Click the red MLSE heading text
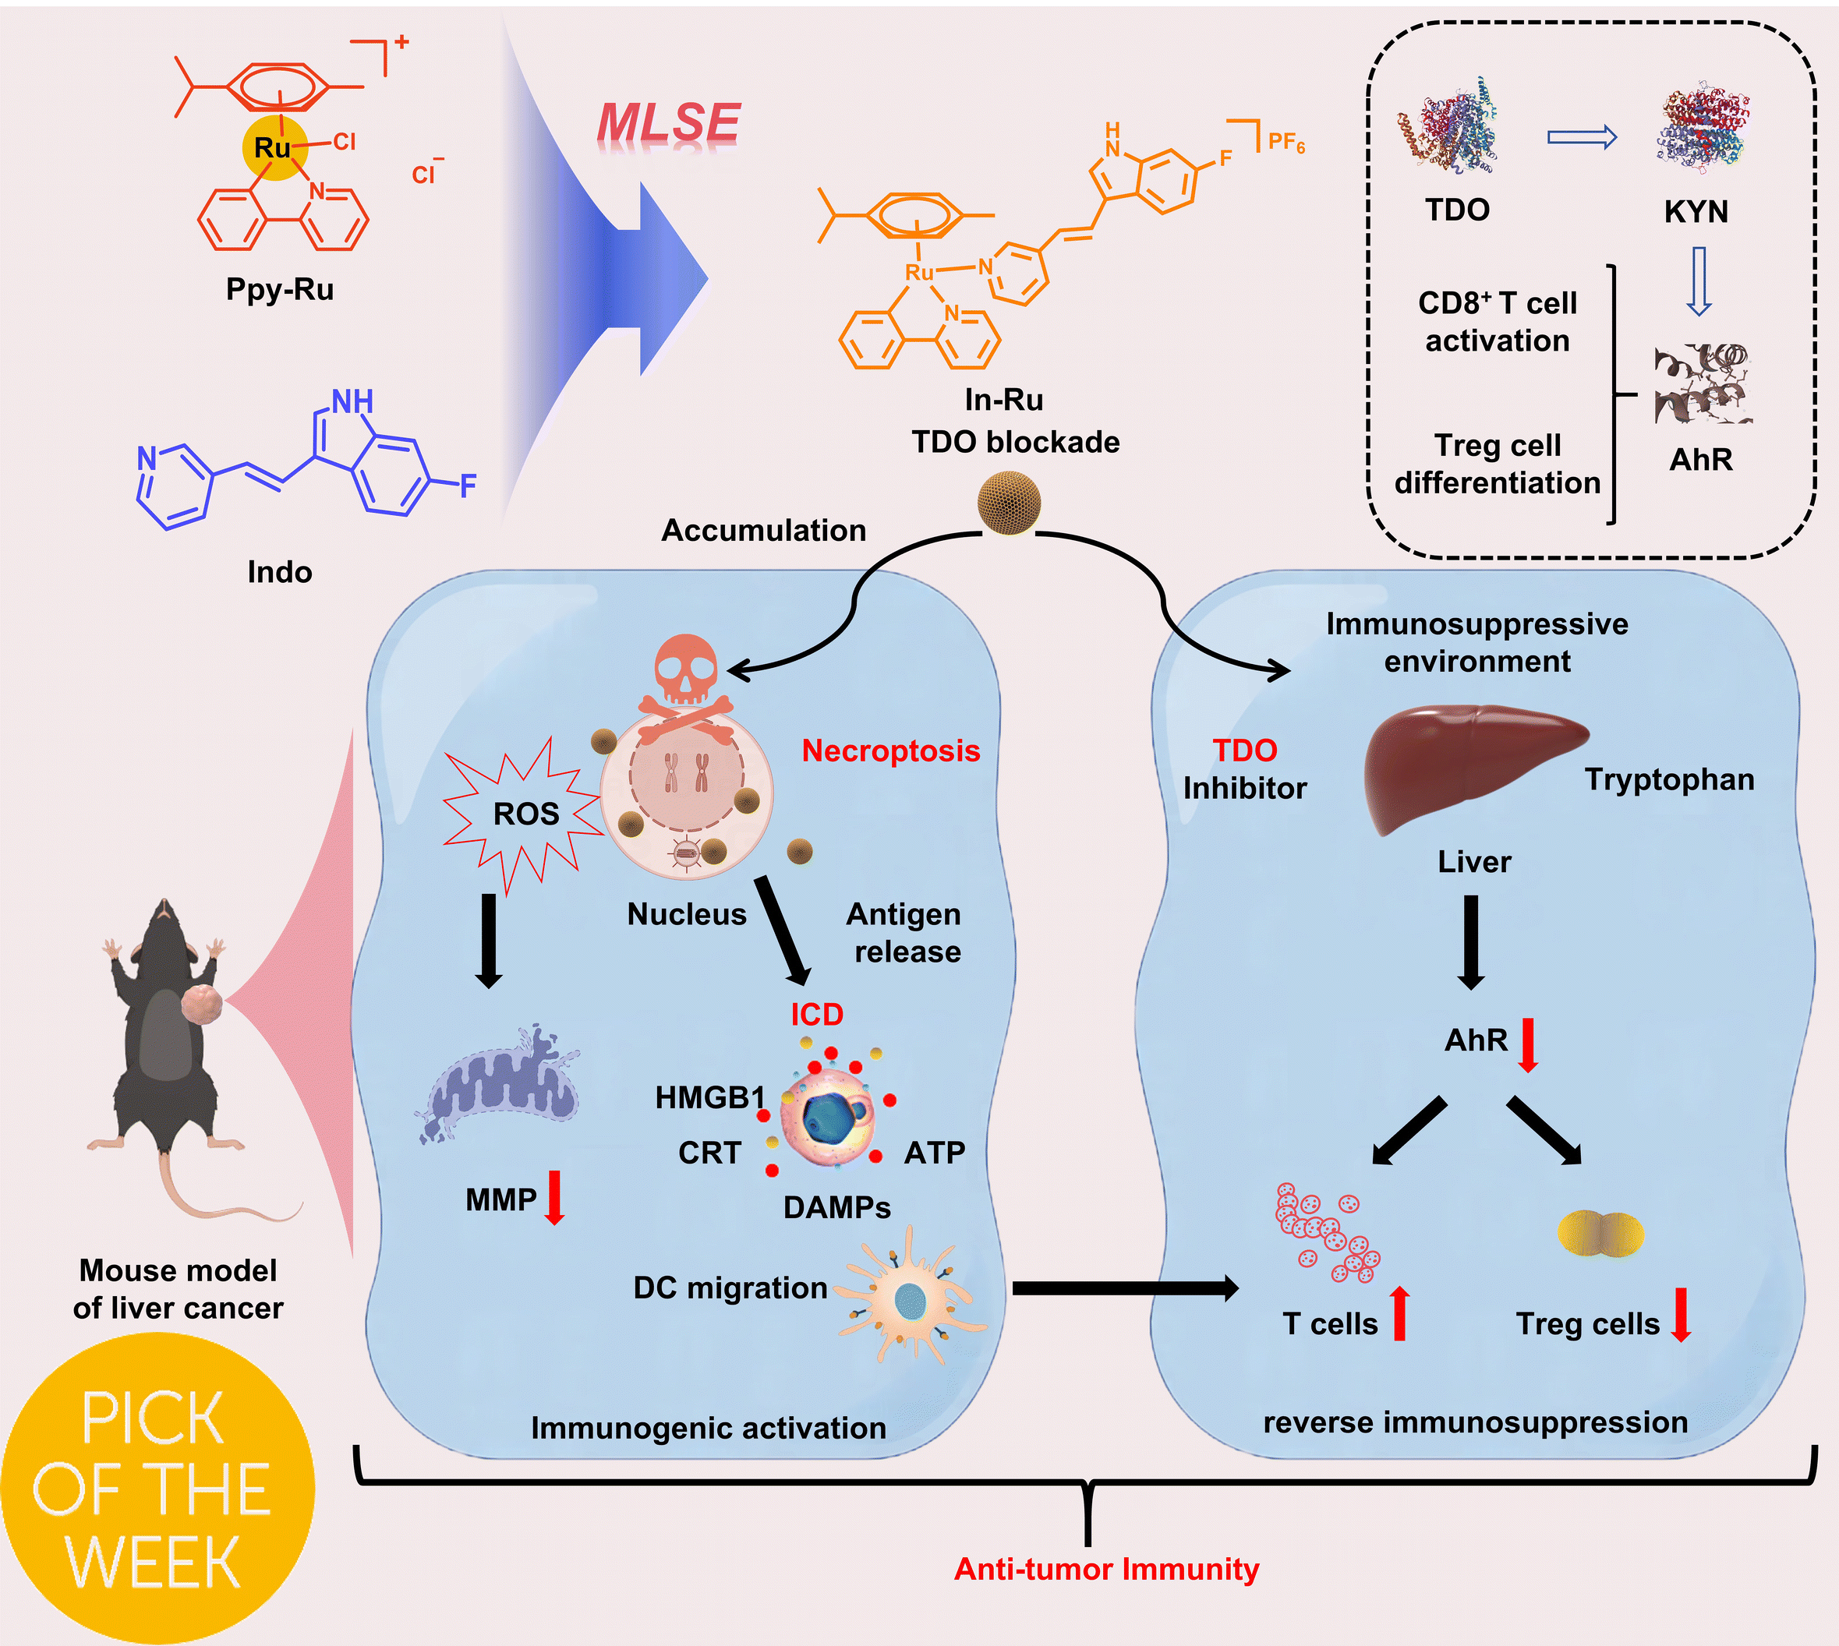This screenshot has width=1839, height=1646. click(x=669, y=123)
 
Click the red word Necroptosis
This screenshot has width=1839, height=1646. click(x=890, y=751)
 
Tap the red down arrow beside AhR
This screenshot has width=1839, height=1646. click(x=1528, y=1044)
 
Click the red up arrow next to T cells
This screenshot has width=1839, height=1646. click(x=1399, y=1313)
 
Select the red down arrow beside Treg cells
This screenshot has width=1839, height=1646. click(x=1681, y=1315)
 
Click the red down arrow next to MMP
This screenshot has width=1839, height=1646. click(x=554, y=1197)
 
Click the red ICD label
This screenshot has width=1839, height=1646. click(x=817, y=1015)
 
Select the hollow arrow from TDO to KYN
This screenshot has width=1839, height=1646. click(x=1581, y=137)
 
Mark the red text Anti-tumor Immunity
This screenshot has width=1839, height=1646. click(x=1106, y=1569)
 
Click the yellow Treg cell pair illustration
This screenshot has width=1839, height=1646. click(x=1600, y=1234)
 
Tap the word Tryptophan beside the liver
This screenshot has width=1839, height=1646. click(x=1669, y=779)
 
